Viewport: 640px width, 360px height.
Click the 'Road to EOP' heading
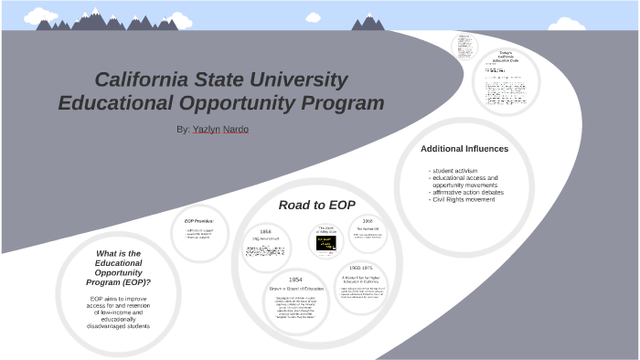pos(316,205)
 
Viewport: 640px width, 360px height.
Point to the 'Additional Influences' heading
pos(464,149)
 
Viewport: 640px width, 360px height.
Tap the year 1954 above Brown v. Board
pos(295,280)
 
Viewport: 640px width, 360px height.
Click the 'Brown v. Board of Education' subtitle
pos(295,289)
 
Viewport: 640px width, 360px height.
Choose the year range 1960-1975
pos(361,268)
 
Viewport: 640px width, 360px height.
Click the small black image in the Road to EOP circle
pos(326,243)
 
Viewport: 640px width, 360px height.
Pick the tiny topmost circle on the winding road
pos(464,46)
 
